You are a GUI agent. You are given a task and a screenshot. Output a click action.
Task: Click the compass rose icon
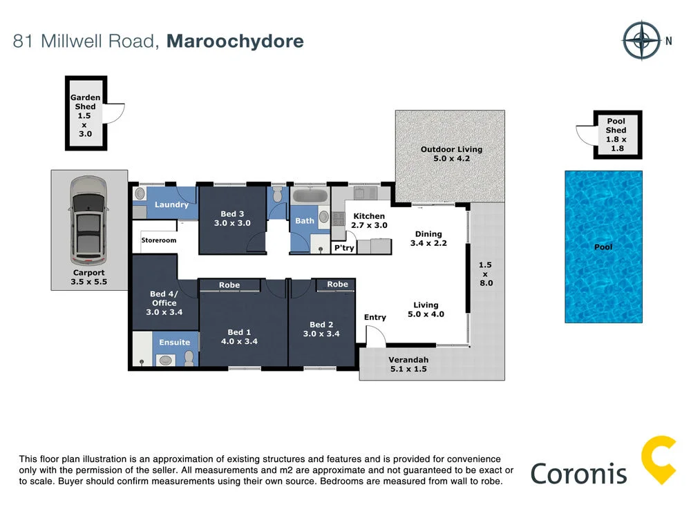tap(641, 41)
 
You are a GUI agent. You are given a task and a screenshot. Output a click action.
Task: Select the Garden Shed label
tap(85, 116)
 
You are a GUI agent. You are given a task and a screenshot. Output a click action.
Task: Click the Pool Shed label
tap(616, 135)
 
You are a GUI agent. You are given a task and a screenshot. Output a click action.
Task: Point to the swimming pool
tap(603, 247)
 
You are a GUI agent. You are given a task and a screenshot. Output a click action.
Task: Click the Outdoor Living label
tap(451, 154)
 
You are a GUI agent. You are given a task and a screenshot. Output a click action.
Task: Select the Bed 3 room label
tap(232, 218)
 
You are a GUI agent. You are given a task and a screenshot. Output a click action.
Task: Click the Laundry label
tap(171, 204)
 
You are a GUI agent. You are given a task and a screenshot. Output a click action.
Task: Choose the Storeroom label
tap(159, 240)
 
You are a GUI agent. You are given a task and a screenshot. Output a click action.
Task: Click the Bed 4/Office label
tap(164, 303)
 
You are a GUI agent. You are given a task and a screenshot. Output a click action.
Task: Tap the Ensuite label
tap(174, 342)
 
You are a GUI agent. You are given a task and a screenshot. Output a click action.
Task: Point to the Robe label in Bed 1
tap(229, 285)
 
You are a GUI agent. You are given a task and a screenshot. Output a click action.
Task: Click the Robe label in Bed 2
tap(337, 284)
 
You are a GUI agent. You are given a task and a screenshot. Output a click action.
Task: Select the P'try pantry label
tap(343, 247)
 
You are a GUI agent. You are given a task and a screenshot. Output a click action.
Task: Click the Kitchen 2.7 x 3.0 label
tap(369, 220)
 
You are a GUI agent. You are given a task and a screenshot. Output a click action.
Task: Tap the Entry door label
tap(375, 317)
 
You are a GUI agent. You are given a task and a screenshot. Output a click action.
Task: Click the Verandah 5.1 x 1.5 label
tap(408, 364)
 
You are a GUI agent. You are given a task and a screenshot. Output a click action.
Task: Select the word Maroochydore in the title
tap(235, 41)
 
